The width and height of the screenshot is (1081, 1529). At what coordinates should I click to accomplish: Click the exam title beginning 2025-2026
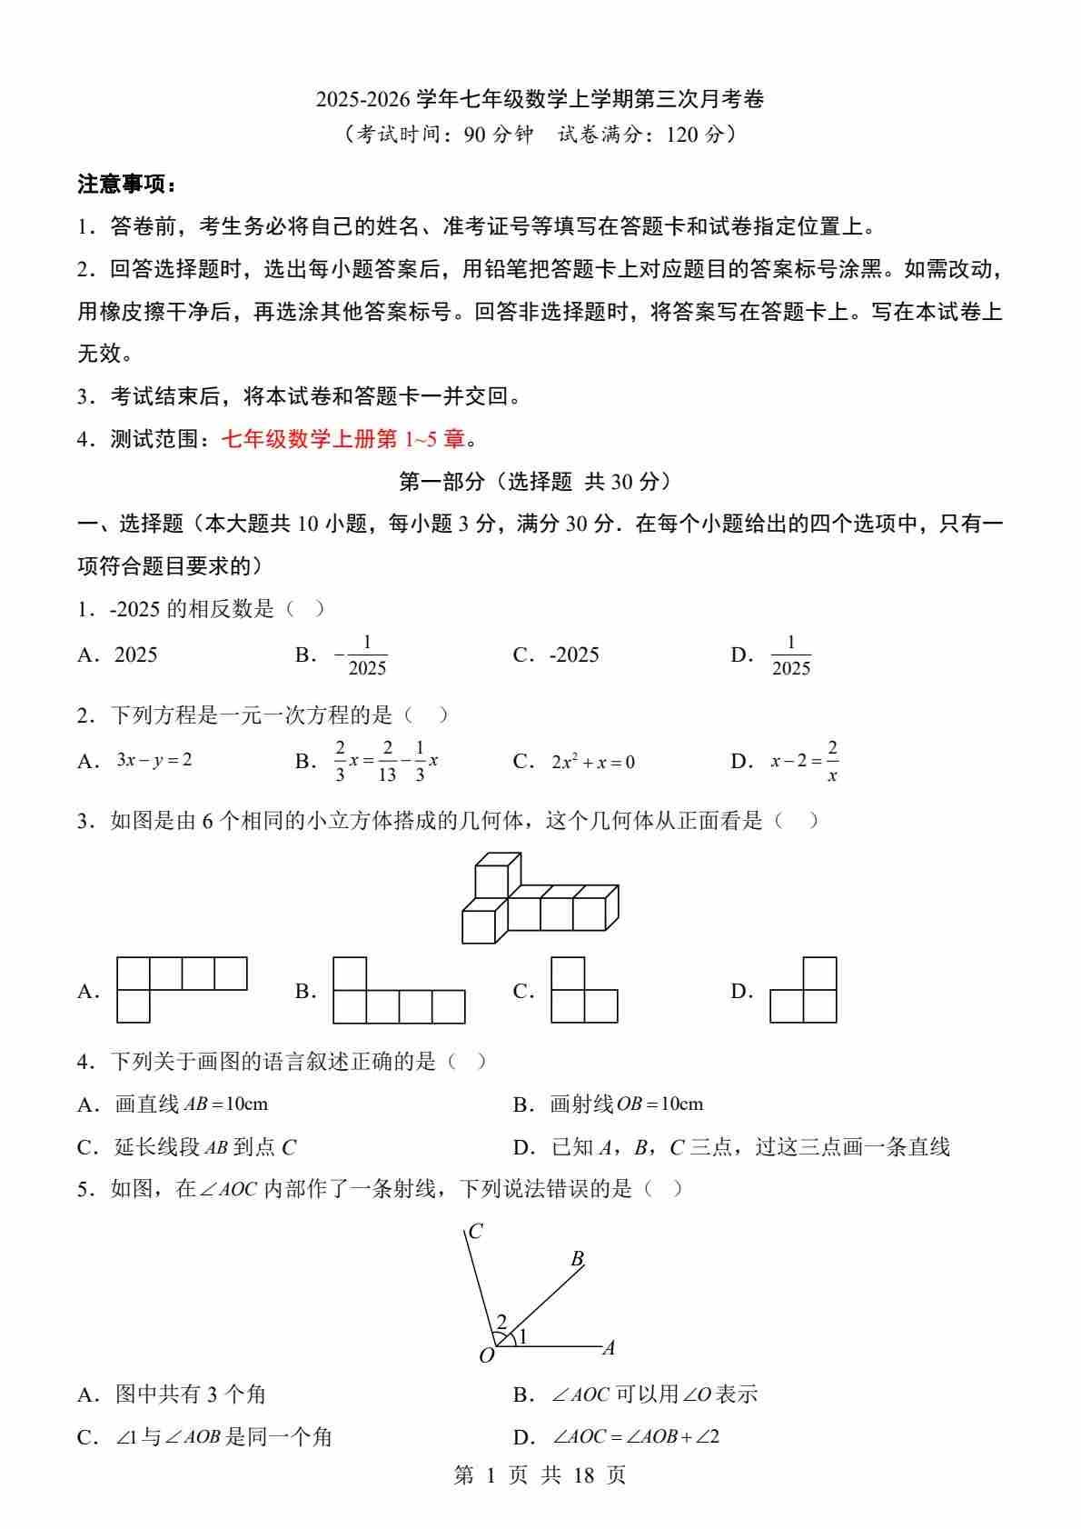[x=540, y=98]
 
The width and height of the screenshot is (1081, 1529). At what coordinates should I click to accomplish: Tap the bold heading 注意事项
[x=125, y=185]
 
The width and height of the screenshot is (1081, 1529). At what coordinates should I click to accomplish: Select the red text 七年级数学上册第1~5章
[x=342, y=439]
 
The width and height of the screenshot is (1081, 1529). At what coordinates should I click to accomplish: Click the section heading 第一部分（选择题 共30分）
[x=540, y=481]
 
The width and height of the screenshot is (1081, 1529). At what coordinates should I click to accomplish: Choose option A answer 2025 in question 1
[x=135, y=655]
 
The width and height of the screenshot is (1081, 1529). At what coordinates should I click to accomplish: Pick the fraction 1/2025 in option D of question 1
[x=790, y=655]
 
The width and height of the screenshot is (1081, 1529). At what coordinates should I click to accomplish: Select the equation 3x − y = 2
[x=154, y=760]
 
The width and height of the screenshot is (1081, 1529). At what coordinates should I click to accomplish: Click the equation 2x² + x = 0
[x=592, y=763]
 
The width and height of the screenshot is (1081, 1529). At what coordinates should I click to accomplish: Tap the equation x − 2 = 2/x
[x=804, y=762]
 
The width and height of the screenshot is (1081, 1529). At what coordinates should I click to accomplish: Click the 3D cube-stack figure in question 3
[x=540, y=897]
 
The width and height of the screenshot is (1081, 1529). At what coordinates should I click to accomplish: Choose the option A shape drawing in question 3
[x=182, y=989]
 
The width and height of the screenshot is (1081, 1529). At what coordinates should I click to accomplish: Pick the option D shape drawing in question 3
[x=803, y=990]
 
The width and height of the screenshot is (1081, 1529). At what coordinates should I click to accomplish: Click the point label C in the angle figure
[x=475, y=1232]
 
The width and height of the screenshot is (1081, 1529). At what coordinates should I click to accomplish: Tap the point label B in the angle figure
[x=577, y=1259]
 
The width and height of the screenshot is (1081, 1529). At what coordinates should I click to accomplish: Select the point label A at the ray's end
[x=609, y=1348]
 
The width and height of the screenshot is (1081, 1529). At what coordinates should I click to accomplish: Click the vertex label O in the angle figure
[x=486, y=1356]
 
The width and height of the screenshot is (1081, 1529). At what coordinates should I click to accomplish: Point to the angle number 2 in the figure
[x=501, y=1322]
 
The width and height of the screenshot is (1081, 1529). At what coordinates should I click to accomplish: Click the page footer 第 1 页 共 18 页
[x=540, y=1474]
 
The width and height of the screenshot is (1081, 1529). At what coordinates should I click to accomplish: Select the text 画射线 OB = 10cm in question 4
[x=627, y=1104]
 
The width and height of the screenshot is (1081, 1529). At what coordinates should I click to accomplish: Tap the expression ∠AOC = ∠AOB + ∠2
[x=636, y=1437]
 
